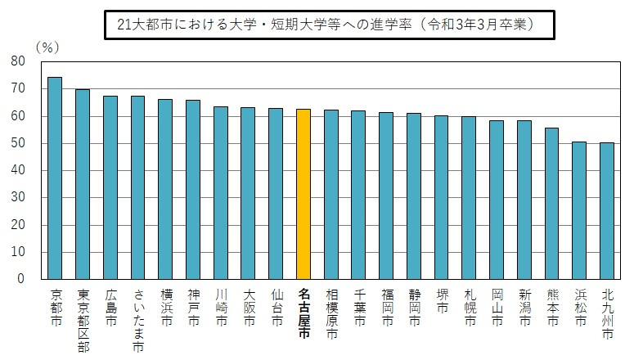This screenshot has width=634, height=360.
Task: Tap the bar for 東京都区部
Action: pyautogui.click(x=83, y=184)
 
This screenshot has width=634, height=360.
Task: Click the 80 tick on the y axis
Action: pyautogui.click(x=18, y=61)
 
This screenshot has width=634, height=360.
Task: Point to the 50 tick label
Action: pyautogui.click(x=18, y=143)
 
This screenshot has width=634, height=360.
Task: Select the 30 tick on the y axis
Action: pyautogui.click(x=18, y=197)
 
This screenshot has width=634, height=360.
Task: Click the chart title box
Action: pyautogui.click(x=326, y=25)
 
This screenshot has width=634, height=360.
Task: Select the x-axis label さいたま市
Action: pyautogui.click(x=137, y=320)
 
